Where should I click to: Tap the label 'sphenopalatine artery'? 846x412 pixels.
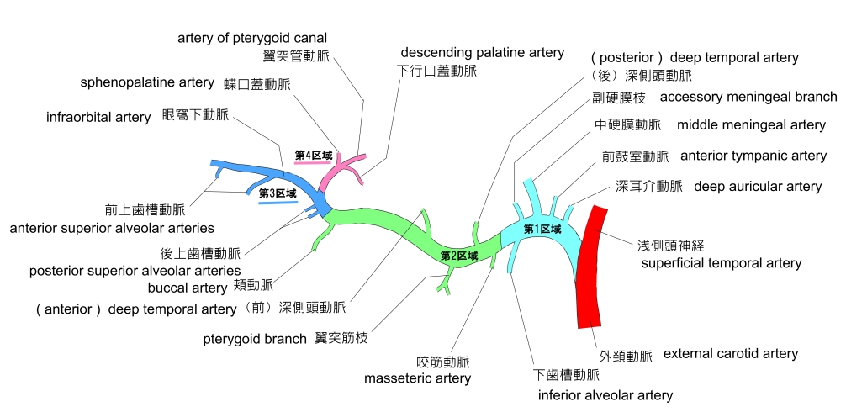point(147,82)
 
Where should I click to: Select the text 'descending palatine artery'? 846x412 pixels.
point(482,53)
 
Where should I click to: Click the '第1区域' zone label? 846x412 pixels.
point(542,229)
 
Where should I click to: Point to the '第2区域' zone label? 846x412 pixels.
point(459,255)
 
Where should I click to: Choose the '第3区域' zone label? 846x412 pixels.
point(278,193)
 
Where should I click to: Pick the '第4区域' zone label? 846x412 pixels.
point(314,156)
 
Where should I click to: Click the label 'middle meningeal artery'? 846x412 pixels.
point(751,125)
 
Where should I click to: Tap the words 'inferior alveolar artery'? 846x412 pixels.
point(605,394)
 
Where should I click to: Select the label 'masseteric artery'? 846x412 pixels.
point(417,378)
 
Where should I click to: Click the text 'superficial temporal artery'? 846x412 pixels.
point(721,263)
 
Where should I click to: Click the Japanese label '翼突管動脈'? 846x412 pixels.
point(296,56)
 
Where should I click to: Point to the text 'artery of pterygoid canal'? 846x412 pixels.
point(252,38)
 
